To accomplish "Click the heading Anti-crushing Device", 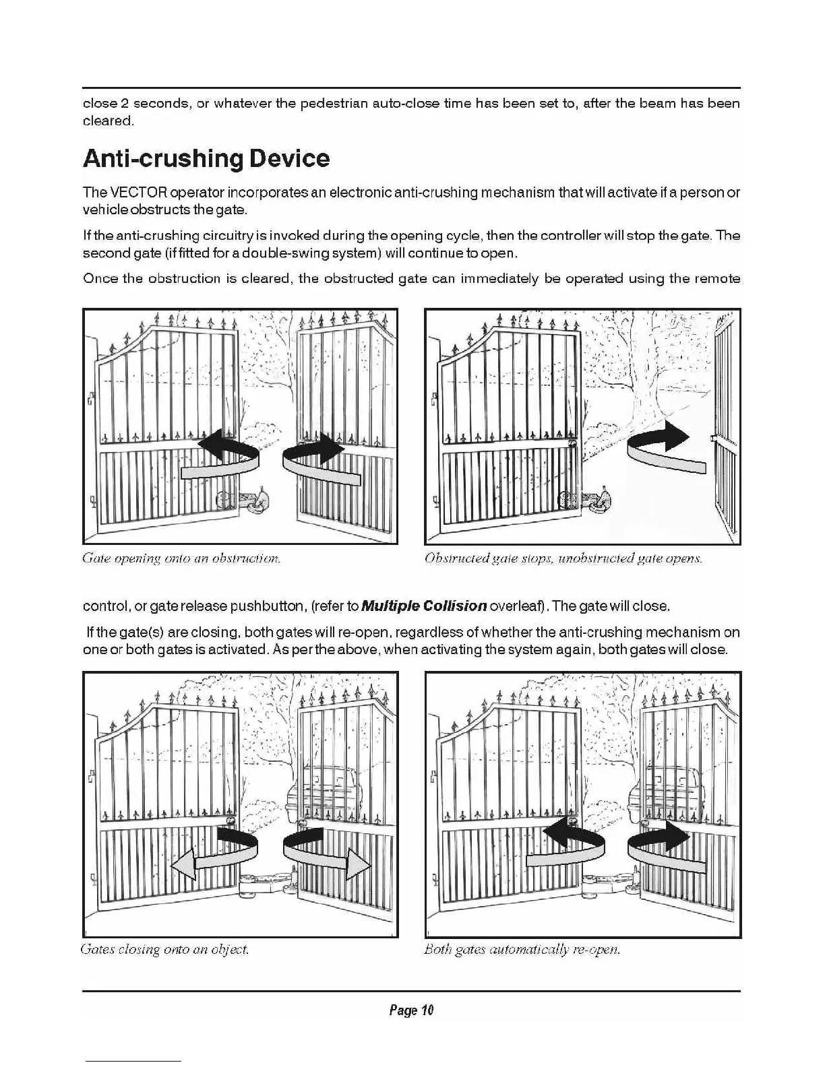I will click(x=206, y=159).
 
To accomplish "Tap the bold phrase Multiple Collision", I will click(x=424, y=606).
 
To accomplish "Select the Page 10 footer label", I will click(x=411, y=1010).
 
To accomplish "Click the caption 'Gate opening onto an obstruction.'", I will click(x=181, y=558).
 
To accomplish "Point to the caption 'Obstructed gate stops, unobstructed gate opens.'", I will click(x=563, y=558).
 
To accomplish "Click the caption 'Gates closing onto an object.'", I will click(x=165, y=950).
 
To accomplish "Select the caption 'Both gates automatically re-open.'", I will click(x=522, y=950).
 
